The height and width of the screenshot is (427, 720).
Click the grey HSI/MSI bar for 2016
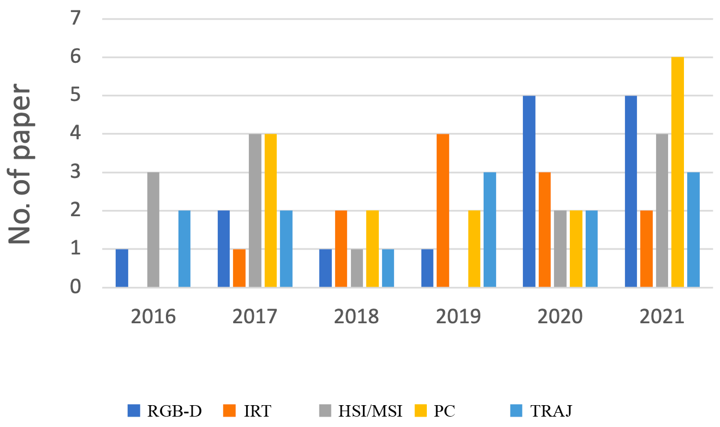(x=153, y=230)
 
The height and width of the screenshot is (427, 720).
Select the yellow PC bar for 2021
(x=677, y=172)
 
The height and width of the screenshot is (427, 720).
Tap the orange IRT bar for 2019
(x=443, y=211)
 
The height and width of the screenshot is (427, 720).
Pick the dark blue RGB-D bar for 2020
(x=529, y=192)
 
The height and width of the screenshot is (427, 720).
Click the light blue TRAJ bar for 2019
(x=490, y=230)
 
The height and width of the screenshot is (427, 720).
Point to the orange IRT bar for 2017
(x=239, y=268)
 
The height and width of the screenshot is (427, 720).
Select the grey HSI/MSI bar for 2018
(x=357, y=268)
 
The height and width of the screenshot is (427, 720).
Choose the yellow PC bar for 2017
(x=271, y=211)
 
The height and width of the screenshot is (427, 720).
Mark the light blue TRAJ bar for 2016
(x=185, y=249)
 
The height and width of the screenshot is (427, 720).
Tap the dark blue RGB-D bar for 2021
(x=630, y=192)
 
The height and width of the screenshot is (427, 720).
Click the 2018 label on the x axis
(x=356, y=317)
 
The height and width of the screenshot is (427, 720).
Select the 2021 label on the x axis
(x=662, y=317)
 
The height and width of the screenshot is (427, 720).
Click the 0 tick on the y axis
(x=75, y=288)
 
